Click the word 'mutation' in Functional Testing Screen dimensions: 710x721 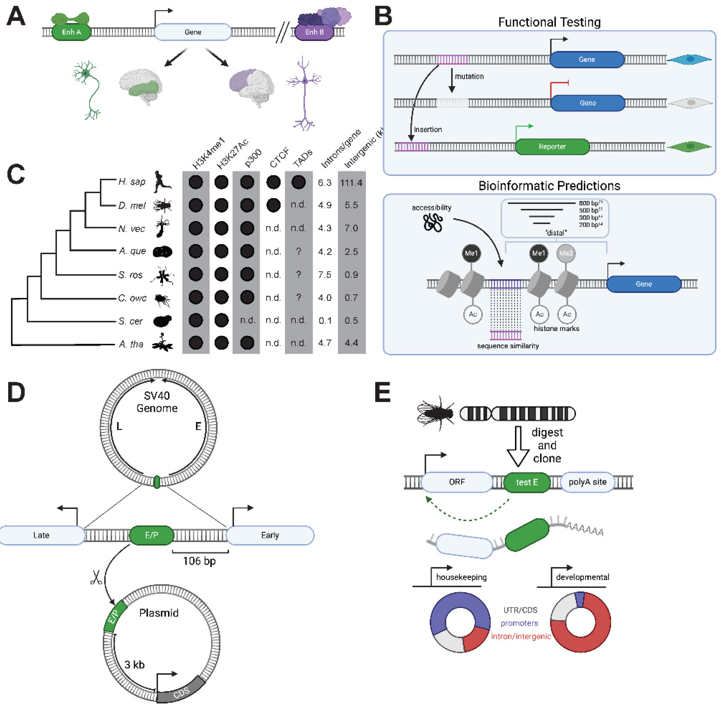click(x=469, y=76)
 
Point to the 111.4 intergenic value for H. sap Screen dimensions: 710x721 click(x=351, y=183)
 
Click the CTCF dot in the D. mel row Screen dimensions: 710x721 click(x=273, y=205)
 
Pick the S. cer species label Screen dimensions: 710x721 click(x=130, y=321)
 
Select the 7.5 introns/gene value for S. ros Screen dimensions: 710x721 click(x=324, y=275)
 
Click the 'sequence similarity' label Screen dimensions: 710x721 click(x=507, y=346)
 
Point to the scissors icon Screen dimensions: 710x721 click(x=96, y=578)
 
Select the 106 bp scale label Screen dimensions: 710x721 click(x=199, y=561)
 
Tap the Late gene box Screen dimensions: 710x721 click(x=41, y=535)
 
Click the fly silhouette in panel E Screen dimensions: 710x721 click(x=435, y=413)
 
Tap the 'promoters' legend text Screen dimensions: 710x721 click(x=519, y=623)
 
